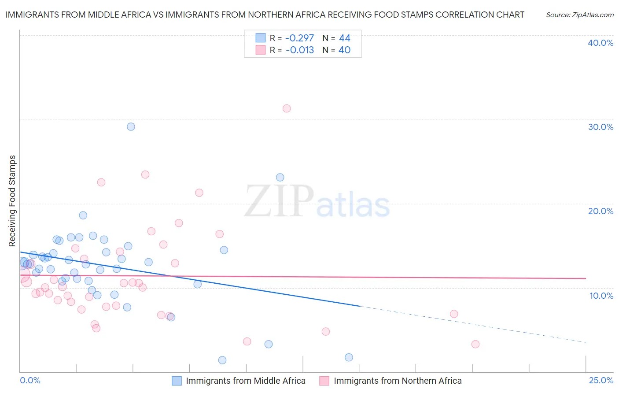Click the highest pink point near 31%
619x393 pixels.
[287, 108]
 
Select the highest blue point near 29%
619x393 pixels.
[131, 126]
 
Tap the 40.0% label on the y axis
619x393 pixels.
[601, 43]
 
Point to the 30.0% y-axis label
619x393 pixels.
[601, 127]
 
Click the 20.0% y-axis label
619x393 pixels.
[601, 211]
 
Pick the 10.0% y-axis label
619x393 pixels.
[601, 296]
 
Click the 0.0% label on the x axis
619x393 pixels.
[30, 380]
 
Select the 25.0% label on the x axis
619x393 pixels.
[601, 380]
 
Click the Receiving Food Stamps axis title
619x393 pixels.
[12, 201]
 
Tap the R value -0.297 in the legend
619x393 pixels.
[299, 38]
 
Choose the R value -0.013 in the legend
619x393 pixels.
[299, 50]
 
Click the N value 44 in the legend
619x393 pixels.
[344, 38]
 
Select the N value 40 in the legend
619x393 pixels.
[344, 50]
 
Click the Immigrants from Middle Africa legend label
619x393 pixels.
[245, 381]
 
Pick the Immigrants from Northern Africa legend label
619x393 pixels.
[398, 381]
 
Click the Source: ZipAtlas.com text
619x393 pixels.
[579, 15]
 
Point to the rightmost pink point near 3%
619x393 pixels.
[475, 344]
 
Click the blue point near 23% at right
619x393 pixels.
[280, 178]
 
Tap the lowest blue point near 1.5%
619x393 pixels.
[222, 360]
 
